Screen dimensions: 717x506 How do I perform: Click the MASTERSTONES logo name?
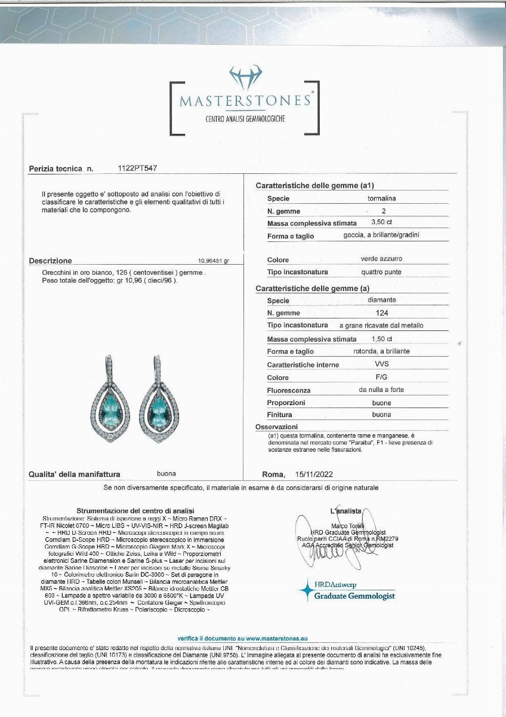(x=245, y=100)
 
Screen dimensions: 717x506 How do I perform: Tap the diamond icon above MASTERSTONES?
(x=245, y=77)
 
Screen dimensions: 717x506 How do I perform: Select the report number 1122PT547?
(x=138, y=169)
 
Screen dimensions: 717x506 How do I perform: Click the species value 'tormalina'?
(x=382, y=198)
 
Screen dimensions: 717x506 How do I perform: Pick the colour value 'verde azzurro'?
(x=381, y=259)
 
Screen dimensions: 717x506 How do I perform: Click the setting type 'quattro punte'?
(x=381, y=272)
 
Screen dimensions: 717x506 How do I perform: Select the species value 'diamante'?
(x=382, y=300)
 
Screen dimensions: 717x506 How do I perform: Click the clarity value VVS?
(x=381, y=364)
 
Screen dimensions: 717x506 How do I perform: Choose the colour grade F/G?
(x=381, y=377)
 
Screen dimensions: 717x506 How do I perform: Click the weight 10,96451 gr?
(x=213, y=261)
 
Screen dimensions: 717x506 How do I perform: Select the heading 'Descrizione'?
(x=50, y=261)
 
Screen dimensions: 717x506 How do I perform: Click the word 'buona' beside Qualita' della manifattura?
(x=166, y=474)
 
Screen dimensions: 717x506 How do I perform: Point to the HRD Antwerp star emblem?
(x=306, y=590)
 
